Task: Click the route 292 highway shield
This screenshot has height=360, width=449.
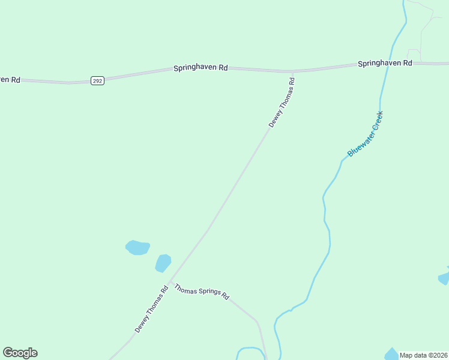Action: [x=98, y=80]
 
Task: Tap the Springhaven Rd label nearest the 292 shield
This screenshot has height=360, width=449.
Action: [x=200, y=68]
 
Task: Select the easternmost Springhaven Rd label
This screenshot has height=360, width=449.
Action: [x=385, y=63]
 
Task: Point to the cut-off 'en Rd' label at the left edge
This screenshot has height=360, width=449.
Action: [x=10, y=79]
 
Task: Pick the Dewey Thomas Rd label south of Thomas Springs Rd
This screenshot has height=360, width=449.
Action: [x=151, y=310]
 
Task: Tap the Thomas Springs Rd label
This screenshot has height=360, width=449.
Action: [x=202, y=292]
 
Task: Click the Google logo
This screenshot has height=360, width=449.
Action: [x=20, y=353]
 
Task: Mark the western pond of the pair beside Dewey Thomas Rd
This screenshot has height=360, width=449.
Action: [x=137, y=247]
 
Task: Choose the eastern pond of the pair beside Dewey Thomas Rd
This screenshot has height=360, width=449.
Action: [x=163, y=263]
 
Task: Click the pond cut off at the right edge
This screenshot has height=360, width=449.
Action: [x=444, y=277]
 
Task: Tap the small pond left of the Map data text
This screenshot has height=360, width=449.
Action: [x=391, y=354]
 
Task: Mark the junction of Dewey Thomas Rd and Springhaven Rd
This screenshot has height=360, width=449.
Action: [x=292, y=72]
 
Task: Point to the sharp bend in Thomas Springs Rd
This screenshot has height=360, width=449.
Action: [x=258, y=322]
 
